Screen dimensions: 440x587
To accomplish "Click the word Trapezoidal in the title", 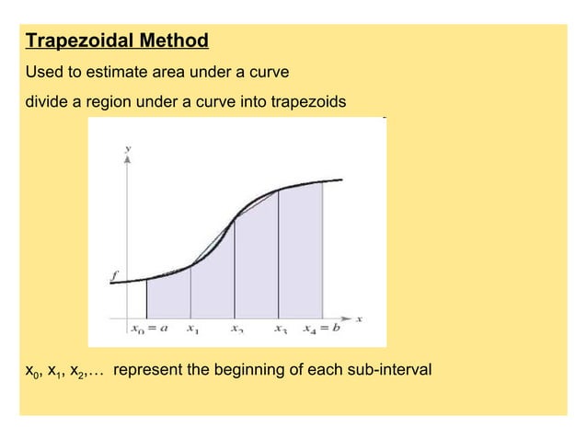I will click(x=76, y=41).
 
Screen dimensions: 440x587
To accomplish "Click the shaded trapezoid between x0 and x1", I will click(x=169, y=296).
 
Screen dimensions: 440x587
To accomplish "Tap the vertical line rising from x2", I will click(x=235, y=267).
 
